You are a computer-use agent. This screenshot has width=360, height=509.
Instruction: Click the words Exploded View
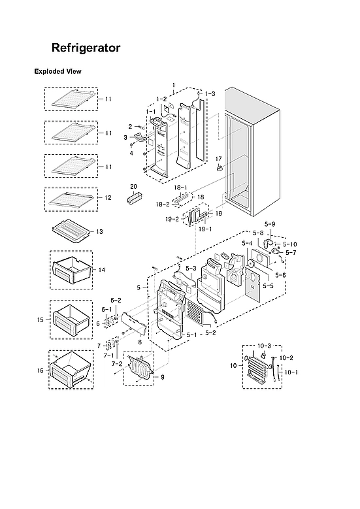(57, 71)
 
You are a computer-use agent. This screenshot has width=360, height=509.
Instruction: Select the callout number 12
(108, 197)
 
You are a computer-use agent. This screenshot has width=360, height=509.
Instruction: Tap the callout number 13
(100, 232)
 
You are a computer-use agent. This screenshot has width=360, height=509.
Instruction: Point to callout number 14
(101, 269)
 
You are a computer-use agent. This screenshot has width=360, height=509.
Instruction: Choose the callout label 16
(40, 370)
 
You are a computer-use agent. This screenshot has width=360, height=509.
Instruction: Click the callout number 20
(133, 186)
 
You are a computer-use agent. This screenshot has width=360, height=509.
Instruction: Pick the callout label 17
(219, 159)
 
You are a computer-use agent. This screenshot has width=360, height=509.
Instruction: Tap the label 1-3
(210, 95)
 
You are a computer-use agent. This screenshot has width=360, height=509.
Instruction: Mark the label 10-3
(263, 345)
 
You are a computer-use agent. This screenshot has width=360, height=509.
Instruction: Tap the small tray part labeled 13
(73, 231)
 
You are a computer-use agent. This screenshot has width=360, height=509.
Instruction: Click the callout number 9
(162, 377)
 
